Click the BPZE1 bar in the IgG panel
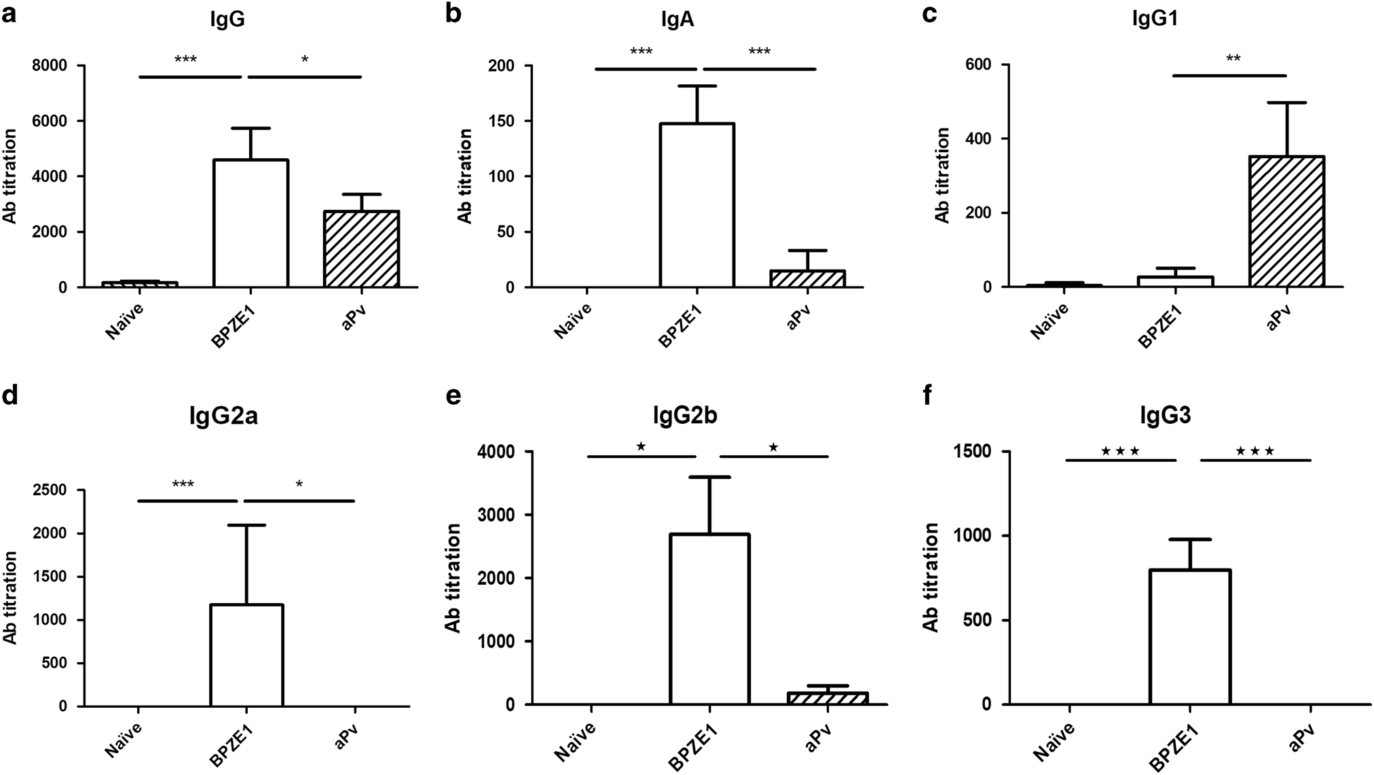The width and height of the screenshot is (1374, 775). click(251, 224)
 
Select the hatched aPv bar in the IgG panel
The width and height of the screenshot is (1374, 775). click(361, 250)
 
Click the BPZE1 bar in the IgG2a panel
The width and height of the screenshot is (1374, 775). click(246, 655)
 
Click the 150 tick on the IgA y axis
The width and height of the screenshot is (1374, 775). click(503, 122)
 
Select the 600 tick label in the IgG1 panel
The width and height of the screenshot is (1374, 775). click(976, 65)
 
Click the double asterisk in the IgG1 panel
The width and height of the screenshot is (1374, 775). click(1233, 59)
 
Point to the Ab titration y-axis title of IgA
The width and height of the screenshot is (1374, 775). click(465, 176)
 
